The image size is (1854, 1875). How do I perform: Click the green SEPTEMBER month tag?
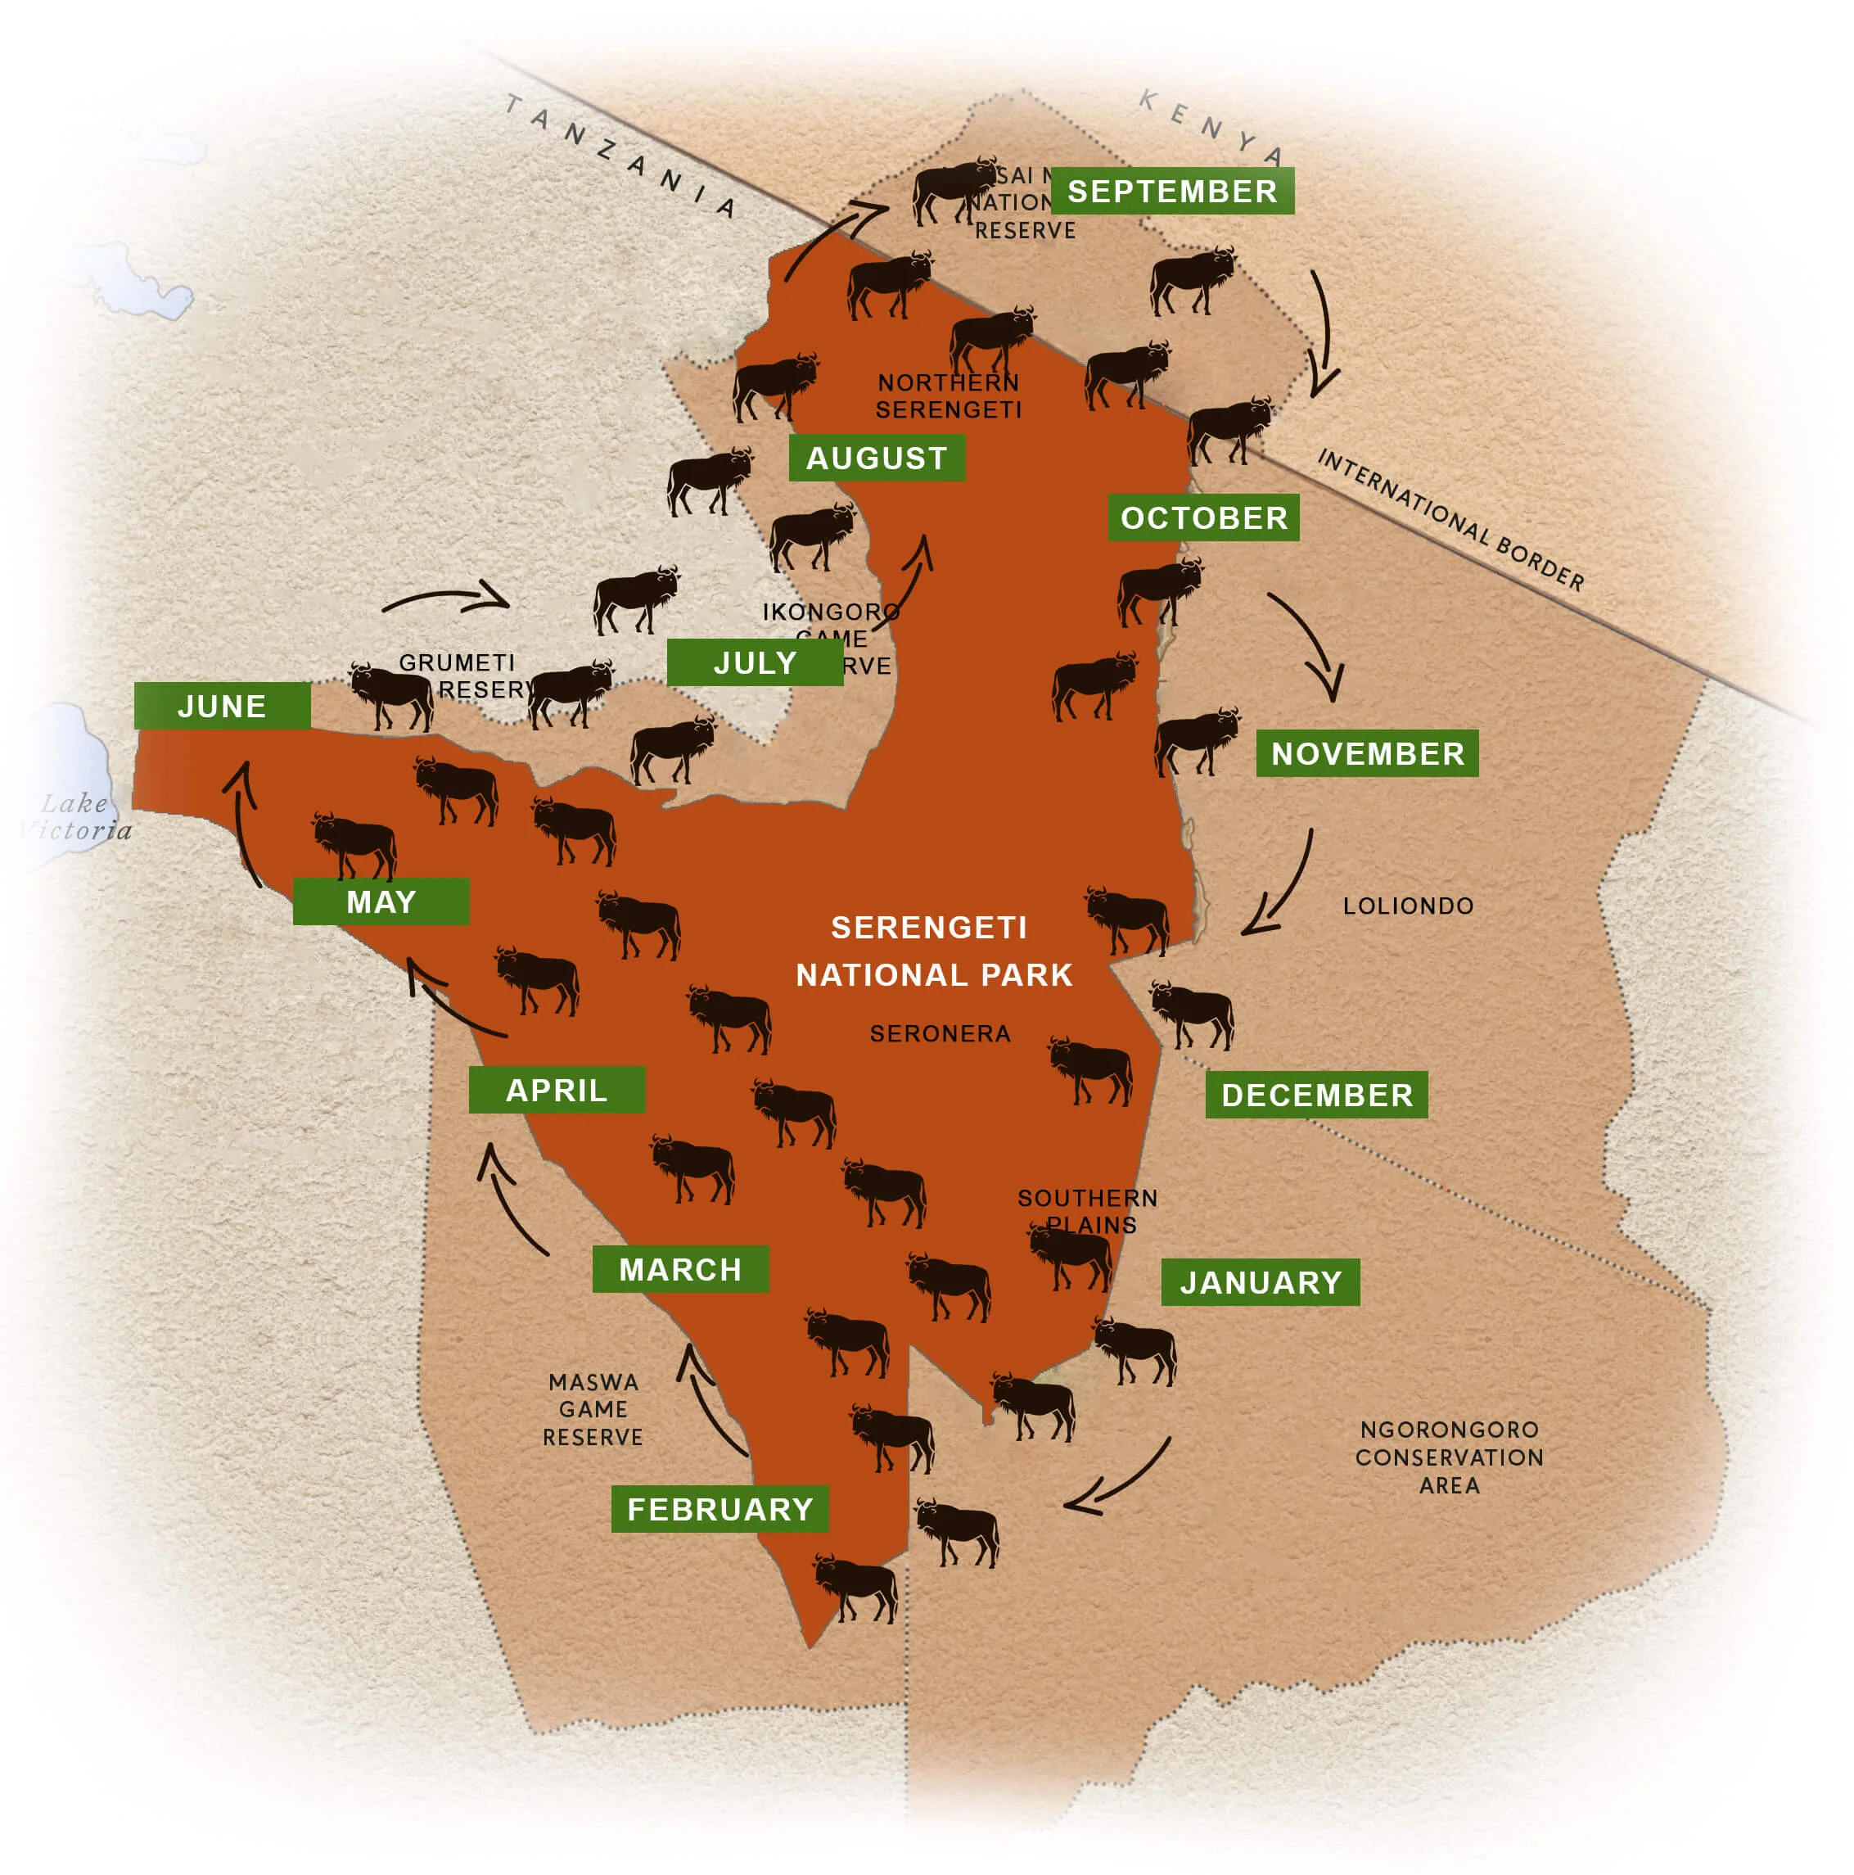[1172, 192]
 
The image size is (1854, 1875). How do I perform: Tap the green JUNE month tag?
[222, 706]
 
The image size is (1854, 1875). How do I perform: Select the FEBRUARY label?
[719, 1509]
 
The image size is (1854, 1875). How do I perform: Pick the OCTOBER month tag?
[1204, 518]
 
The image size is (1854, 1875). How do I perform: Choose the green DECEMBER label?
[1316, 1095]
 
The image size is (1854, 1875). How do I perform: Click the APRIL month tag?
[557, 1090]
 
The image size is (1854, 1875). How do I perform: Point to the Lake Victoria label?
[75, 816]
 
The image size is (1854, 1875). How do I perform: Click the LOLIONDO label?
[1408, 906]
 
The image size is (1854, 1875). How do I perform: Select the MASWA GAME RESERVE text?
[593, 1409]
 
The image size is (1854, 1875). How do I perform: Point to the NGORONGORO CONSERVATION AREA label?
[1450, 1457]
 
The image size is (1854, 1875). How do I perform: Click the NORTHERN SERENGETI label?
[948, 396]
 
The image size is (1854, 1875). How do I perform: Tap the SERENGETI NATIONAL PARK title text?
[932, 951]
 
